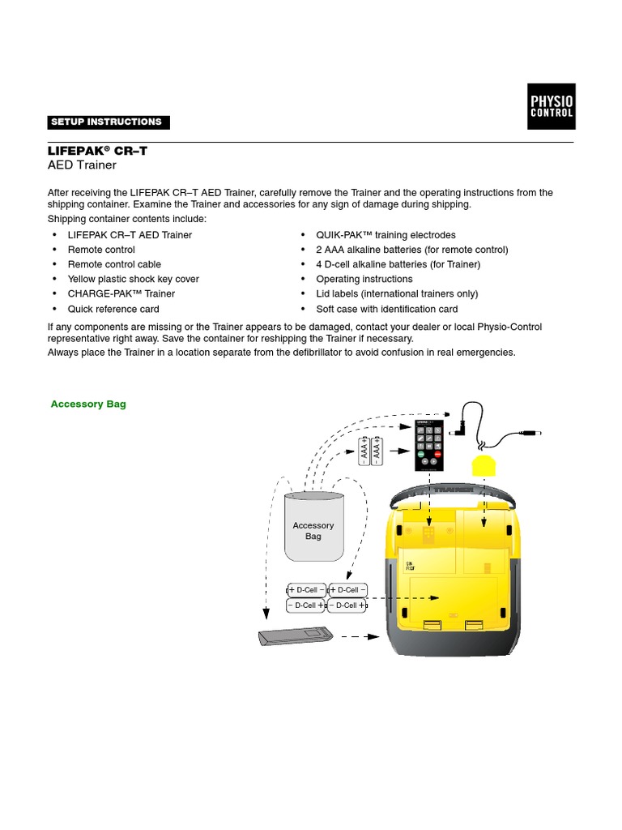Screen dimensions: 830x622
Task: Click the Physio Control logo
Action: pyautogui.click(x=552, y=106)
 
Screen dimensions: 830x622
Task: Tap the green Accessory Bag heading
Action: pyautogui.click(x=88, y=404)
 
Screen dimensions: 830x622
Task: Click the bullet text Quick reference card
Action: pyautogui.click(x=113, y=309)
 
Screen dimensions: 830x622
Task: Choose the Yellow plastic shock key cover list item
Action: pyautogui.click(x=133, y=279)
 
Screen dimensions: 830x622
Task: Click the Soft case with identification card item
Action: pyautogui.click(x=386, y=309)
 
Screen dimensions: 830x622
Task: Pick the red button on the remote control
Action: pyautogui.click(x=438, y=455)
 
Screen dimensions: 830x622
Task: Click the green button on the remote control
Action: pyautogui.click(x=420, y=455)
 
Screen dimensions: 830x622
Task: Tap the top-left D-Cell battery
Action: pyautogui.click(x=307, y=590)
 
